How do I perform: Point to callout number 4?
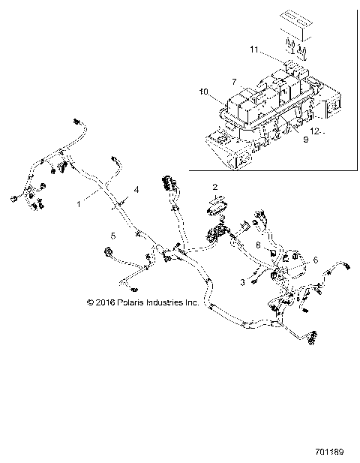[136, 191]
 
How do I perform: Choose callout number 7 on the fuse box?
[234, 80]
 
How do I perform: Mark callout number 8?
[258, 244]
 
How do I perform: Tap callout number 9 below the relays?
[304, 139]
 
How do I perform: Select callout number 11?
[253, 49]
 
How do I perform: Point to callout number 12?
[316, 131]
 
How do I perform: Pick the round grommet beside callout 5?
[108, 252]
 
